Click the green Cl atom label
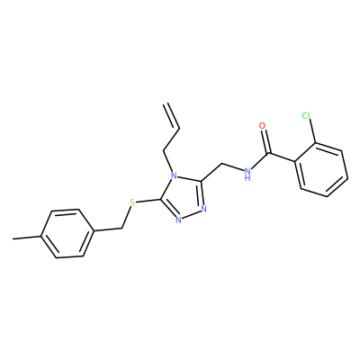(306, 115)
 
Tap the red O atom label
(263, 126)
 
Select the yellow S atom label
(133, 202)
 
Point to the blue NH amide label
(247, 175)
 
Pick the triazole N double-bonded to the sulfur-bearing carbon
(178, 220)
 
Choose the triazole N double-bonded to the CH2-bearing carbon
(204, 208)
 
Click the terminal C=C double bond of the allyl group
(172, 116)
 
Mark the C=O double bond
(266, 141)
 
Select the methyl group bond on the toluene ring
(27, 238)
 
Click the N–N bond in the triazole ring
(191, 214)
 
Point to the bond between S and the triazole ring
(149, 202)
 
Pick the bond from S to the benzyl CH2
(127, 218)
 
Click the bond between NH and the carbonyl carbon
(259, 162)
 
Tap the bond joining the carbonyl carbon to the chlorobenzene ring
(282, 158)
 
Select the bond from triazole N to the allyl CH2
(167, 161)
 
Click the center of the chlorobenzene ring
(321, 170)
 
